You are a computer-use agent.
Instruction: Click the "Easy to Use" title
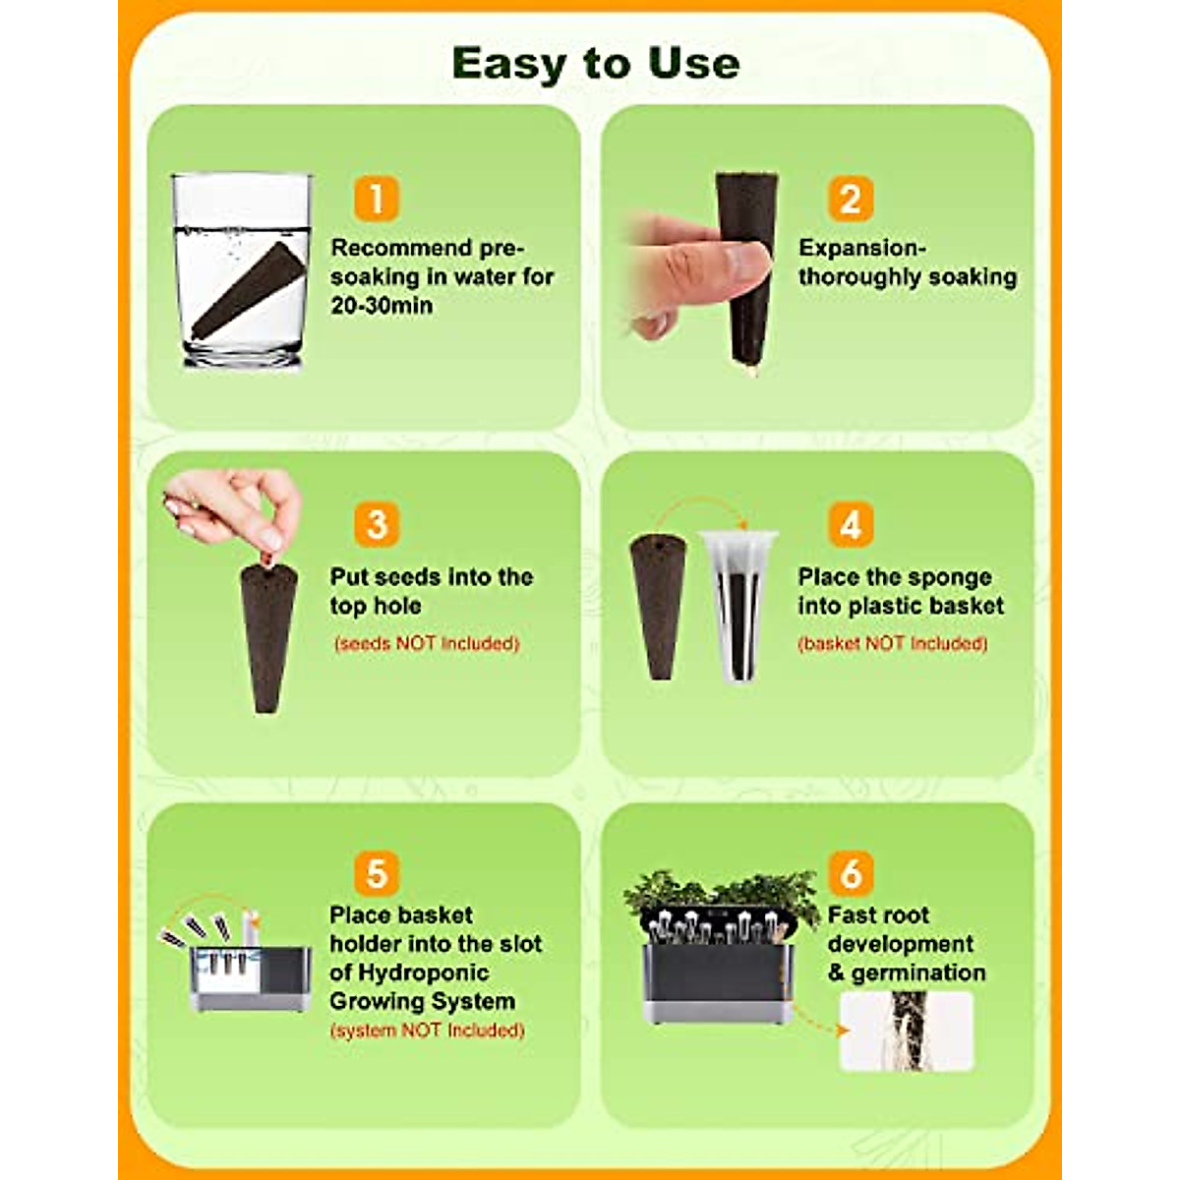(595, 64)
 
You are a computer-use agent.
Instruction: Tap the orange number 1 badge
(376, 198)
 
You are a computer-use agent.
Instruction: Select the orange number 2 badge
(850, 199)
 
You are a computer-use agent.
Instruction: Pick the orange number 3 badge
(376, 525)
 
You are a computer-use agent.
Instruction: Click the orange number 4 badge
(850, 525)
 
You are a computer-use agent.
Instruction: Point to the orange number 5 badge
(376, 873)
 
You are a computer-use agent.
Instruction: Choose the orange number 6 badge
(850, 873)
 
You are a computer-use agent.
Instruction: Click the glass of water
(241, 270)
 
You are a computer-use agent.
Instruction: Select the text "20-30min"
(382, 306)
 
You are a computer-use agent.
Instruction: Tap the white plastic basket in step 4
(737, 605)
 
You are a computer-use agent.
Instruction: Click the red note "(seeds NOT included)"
(427, 644)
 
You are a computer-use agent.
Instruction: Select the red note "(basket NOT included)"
(893, 644)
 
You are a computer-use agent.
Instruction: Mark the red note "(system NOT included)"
(427, 1031)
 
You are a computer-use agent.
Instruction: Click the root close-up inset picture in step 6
(906, 1031)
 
